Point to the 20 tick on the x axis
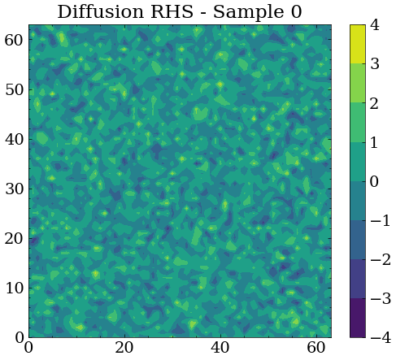[x=124, y=348]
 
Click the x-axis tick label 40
[x=220, y=348]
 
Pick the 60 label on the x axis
[x=316, y=348]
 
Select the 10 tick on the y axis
[x=14, y=288]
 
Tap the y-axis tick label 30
[x=14, y=189]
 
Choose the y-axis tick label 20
[x=14, y=238]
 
